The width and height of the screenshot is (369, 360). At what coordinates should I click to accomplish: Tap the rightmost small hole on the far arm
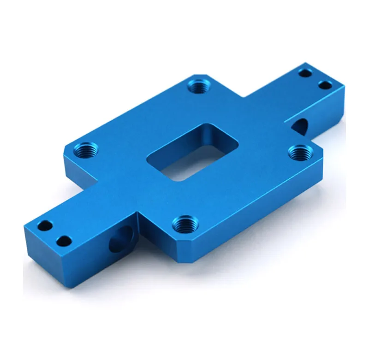pyautogui.click(x=325, y=85)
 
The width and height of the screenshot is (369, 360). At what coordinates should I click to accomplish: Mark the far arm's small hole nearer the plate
pyautogui.click(x=304, y=73)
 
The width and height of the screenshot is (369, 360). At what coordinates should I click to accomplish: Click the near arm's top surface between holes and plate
pyautogui.click(x=97, y=207)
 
